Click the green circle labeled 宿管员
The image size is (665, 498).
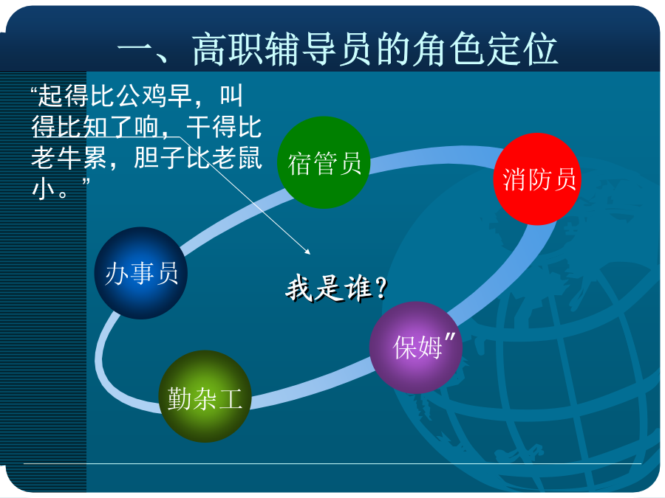324,162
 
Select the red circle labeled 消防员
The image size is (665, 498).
537,179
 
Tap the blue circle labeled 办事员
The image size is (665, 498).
141,273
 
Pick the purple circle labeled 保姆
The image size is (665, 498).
416,347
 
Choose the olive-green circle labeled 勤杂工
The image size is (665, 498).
205,396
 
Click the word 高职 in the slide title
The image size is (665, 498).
228,49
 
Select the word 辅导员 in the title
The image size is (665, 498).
320,49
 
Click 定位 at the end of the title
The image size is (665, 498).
522,49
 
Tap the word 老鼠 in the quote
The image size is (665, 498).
236,157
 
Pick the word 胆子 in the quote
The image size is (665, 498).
159,157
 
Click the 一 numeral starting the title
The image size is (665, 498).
135,50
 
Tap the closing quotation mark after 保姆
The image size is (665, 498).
449,339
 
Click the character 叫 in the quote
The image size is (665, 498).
231,95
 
